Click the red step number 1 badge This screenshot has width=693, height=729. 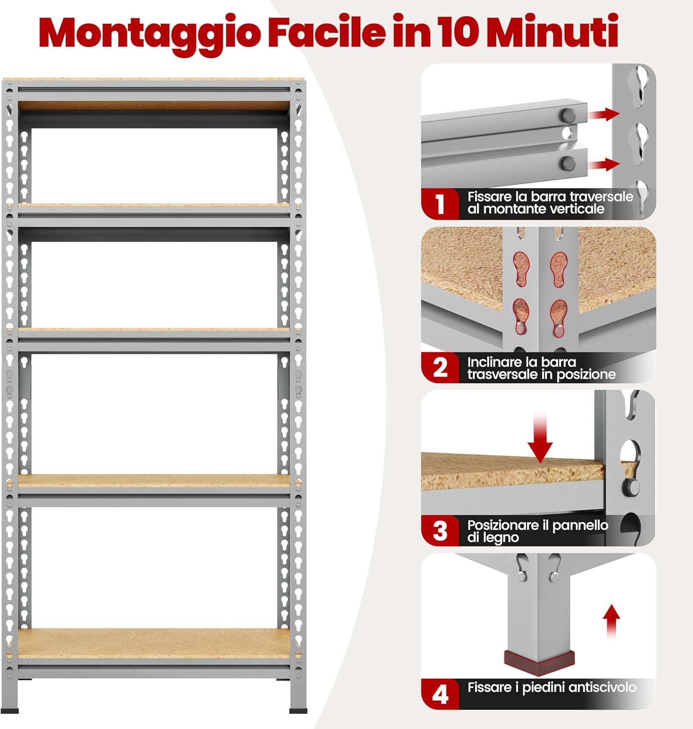click(x=440, y=204)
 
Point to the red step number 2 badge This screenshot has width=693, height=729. click(x=440, y=368)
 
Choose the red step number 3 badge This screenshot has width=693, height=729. click(x=440, y=531)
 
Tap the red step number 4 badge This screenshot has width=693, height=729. click(x=440, y=694)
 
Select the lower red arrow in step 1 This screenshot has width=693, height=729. click(x=604, y=164)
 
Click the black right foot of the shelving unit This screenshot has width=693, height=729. click(x=298, y=711)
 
